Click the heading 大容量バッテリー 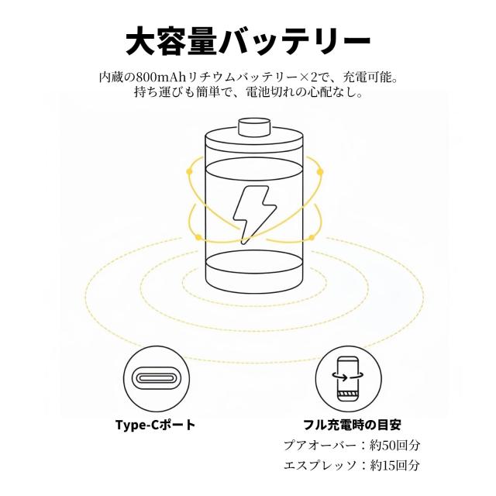(247, 39)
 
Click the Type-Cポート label (155, 425)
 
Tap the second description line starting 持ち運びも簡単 (247, 93)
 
